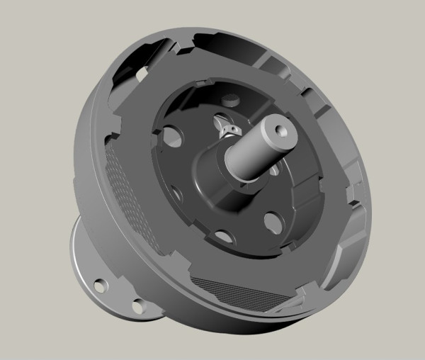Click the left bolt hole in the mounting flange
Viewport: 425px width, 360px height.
point(102,285)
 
